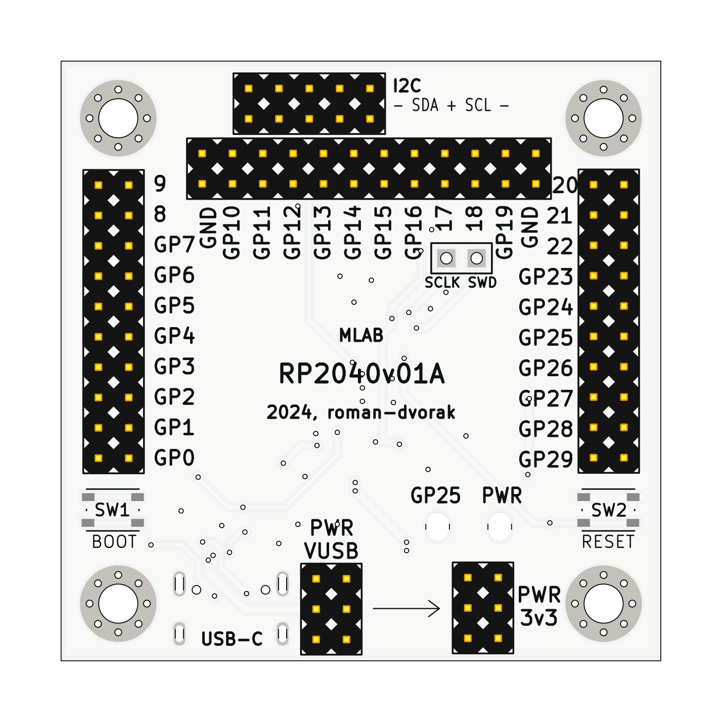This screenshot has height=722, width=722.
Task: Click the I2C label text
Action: [x=407, y=86]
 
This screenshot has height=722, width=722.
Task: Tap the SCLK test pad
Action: [x=446, y=258]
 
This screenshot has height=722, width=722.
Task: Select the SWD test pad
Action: [x=476, y=258]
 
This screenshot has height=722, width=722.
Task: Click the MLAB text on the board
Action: [x=361, y=335]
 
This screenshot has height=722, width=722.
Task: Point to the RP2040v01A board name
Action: [x=362, y=374]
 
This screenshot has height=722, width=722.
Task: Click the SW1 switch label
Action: [x=112, y=510]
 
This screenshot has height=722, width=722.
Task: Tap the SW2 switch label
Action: [x=609, y=510]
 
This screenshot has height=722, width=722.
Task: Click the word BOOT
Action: [x=114, y=541]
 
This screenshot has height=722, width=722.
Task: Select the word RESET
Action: [x=608, y=541]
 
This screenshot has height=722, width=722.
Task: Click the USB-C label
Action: [x=232, y=639]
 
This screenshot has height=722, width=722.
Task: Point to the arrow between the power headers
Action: [x=407, y=608]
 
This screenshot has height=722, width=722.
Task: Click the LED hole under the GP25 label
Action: [x=437, y=527]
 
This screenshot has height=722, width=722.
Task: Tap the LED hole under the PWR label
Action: [x=500, y=527]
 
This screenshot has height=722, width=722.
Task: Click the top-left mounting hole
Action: [x=118, y=118]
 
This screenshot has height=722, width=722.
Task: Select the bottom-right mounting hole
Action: [x=603, y=603]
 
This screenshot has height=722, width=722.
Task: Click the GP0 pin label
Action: [x=174, y=458]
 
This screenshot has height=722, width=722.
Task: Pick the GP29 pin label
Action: [x=546, y=460]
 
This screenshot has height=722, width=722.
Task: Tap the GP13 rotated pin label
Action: [x=323, y=232]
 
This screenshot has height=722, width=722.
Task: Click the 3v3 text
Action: [x=539, y=618]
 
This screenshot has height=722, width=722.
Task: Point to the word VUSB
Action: [x=331, y=551]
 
